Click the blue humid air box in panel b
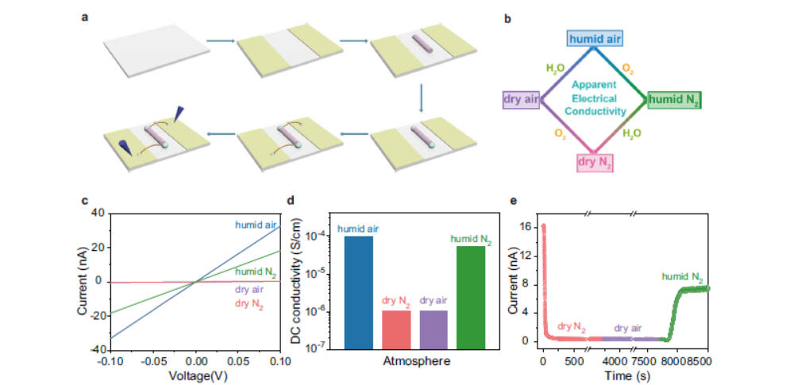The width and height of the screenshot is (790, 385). (594, 38)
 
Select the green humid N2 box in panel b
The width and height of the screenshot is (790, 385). (674, 99)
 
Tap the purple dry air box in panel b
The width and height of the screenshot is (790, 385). (520, 99)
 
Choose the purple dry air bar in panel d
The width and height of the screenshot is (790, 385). (432, 329)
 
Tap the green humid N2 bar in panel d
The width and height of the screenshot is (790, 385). (471, 297)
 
